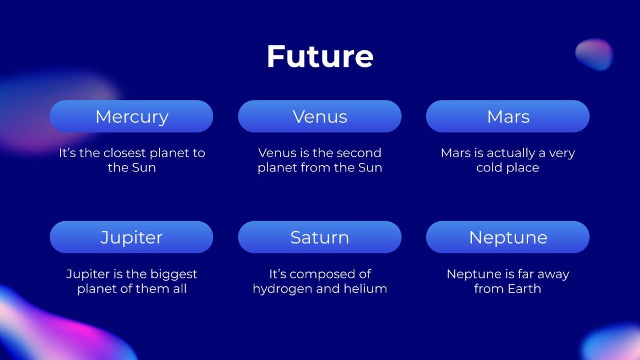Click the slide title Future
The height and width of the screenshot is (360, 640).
[x=320, y=57]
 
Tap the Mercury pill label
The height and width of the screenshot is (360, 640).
[x=131, y=117]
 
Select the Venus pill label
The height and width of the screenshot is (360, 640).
[x=319, y=117]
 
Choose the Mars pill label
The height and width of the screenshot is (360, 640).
[x=508, y=117]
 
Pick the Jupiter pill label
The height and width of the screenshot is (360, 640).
[x=131, y=237]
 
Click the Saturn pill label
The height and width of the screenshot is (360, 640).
[x=319, y=237]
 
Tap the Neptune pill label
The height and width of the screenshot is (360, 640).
[x=508, y=237]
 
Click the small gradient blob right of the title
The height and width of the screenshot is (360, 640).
[x=594, y=54]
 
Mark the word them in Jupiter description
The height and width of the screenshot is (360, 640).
[x=149, y=289]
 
